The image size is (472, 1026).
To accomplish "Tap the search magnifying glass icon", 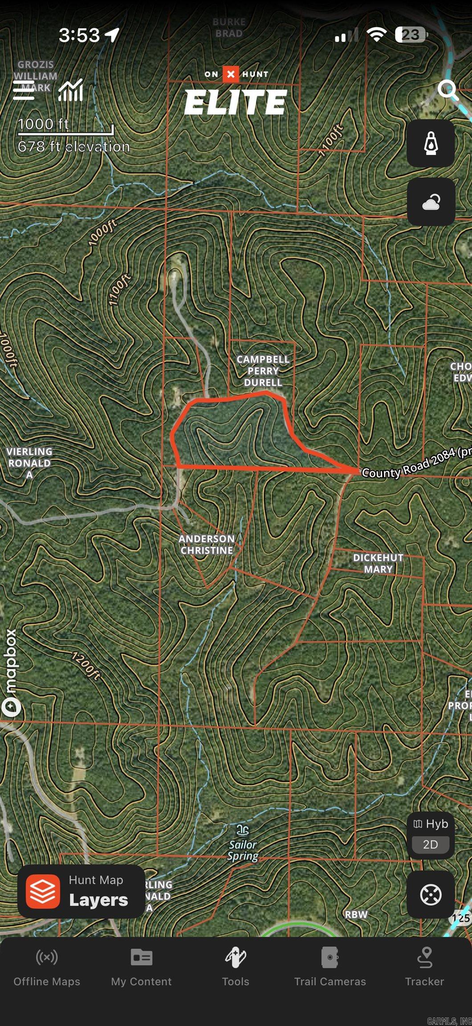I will pyautogui.click(x=448, y=90).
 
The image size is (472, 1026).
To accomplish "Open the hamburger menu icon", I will pyautogui.click(x=24, y=91).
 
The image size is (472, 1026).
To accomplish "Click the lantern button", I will pyautogui.click(x=431, y=143).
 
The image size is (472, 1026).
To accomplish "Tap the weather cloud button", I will pyautogui.click(x=431, y=202).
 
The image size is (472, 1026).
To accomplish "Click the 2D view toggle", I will pyautogui.click(x=430, y=844).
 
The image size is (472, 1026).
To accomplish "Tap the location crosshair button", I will pyautogui.click(x=431, y=894).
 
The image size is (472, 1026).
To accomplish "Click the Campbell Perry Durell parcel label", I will pyautogui.click(x=263, y=370).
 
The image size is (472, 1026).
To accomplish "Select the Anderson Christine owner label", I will pyautogui.click(x=207, y=544).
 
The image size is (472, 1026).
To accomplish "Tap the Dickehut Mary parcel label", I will pyautogui.click(x=378, y=563).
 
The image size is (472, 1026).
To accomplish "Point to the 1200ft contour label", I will pyautogui.click(x=86, y=666).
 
